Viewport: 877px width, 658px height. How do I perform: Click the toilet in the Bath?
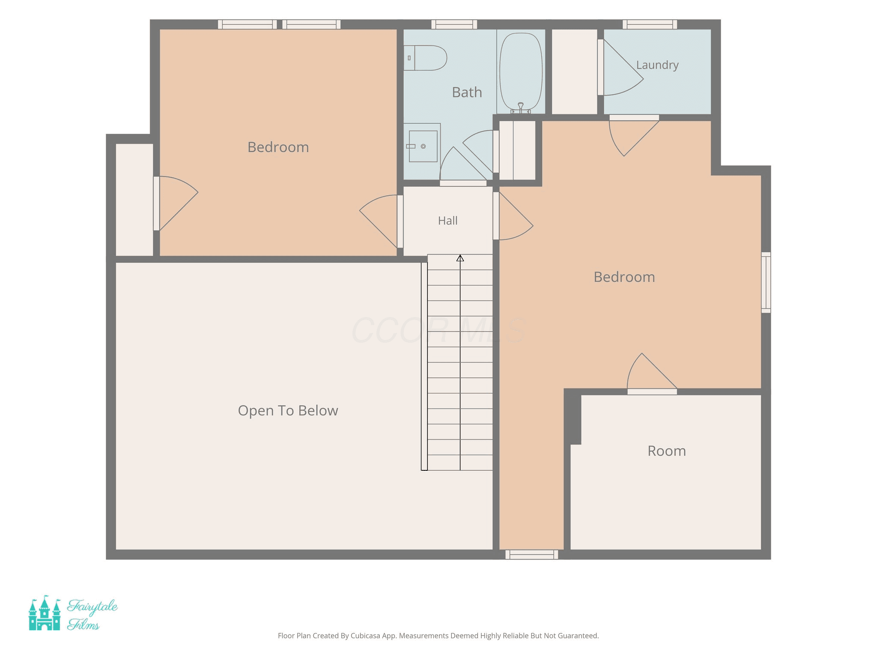coord(425,58)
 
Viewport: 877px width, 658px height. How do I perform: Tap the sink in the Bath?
coord(423,146)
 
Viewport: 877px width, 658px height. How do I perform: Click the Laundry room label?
coord(657,65)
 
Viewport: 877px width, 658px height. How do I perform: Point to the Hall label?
coord(448,221)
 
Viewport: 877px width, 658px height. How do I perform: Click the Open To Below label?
coord(288,410)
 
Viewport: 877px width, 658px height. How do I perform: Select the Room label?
coord(667,451)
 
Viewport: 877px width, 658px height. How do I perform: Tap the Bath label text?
coord(467,92)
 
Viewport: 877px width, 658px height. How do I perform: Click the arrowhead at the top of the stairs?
coord(460,258)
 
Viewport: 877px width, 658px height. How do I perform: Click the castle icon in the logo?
coord(45,613)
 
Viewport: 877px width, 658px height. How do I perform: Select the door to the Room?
coord(652,373)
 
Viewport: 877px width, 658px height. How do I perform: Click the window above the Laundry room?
coord(650,24)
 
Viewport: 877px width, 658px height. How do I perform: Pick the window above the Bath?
coord(454,24)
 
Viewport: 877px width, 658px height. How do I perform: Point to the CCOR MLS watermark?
coord(438,330)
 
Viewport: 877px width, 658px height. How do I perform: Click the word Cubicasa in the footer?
coord(365,636)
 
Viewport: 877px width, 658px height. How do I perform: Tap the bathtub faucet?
coord(521,108)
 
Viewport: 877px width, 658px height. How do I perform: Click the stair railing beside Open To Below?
coord(424,366)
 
